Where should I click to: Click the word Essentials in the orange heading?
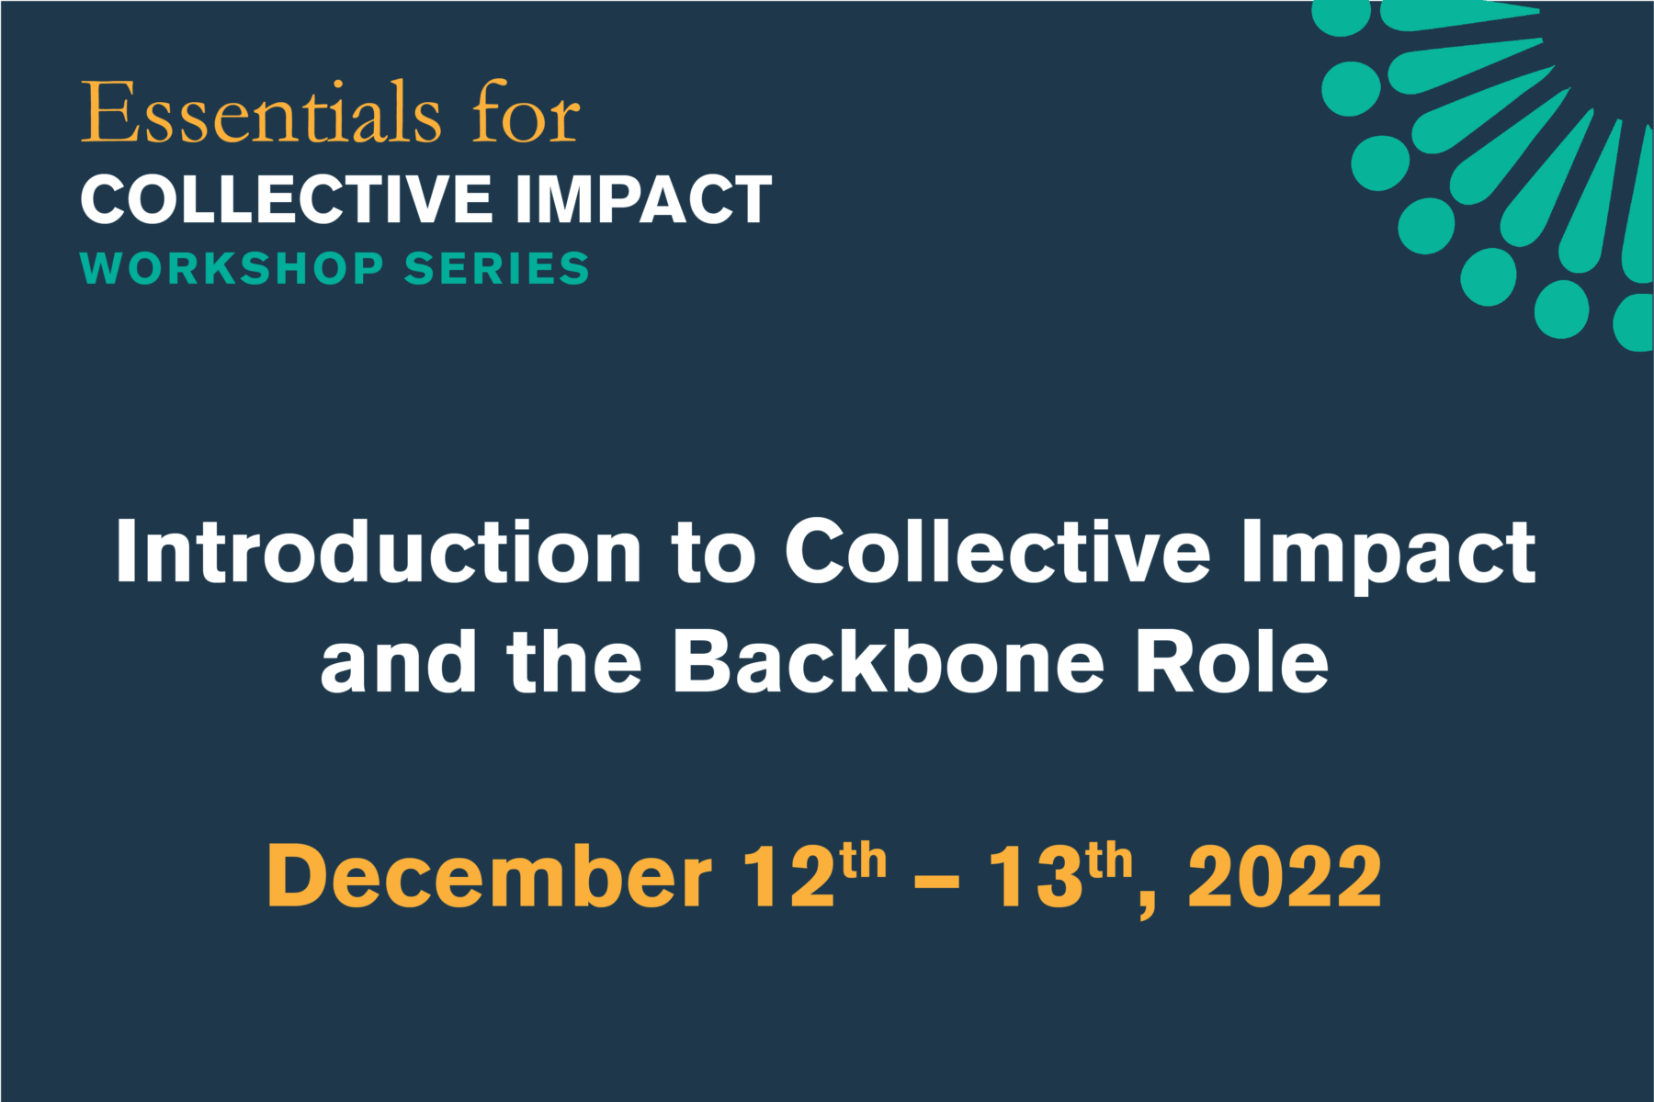click(262, 115)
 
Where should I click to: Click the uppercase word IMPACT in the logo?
click(643, 199)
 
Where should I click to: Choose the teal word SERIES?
click(497, 269)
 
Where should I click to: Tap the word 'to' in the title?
click(713, 554)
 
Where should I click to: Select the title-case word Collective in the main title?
click(998, 552)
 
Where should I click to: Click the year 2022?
click(1285, 877)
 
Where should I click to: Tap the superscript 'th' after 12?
click(864, 861)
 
